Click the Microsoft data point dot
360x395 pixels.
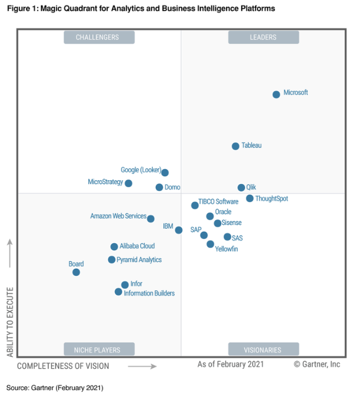(276, 94)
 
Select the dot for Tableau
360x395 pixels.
(235, 146)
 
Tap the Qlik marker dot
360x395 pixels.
(241, 188)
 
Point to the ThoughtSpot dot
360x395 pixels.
(249, 199)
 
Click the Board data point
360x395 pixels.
(76, 272)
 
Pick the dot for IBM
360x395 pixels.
(179, 230)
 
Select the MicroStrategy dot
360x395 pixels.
(129, 183)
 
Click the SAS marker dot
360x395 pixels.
(227, 237)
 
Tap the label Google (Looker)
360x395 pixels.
(141, 170)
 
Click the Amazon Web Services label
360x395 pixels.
(118, 216)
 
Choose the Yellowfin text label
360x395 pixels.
(227, 249)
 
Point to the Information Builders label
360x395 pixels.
(149, 293)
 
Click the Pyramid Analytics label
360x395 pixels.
(139, 260)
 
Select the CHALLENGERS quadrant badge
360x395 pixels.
(99, 37)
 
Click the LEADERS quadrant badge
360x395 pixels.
(264, 37)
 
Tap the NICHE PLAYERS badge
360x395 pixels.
(100, 349)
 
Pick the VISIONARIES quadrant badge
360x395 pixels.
(263, 349)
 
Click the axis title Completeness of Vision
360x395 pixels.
(63, 366)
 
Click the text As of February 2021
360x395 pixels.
(230, 364)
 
